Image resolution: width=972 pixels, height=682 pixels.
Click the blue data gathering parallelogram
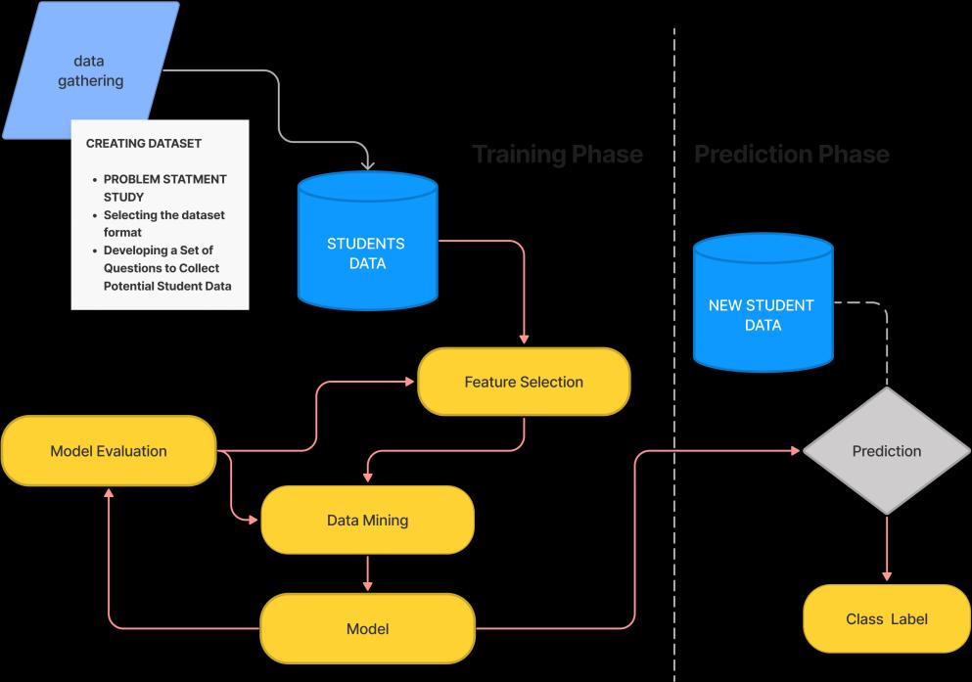point(90,70)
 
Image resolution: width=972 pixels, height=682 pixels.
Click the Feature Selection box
point(524,382)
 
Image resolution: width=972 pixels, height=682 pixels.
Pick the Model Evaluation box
point(109,451)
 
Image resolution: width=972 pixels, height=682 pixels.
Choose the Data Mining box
point(367,520)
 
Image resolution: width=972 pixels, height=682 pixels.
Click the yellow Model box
point(367,628)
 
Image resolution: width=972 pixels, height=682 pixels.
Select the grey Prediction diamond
point(887,451)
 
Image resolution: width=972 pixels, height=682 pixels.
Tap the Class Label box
point(887,618)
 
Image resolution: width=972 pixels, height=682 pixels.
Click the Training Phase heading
point(557,155)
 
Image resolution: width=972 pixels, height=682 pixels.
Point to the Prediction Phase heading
point(791,155)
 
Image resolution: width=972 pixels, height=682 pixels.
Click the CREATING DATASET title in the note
point(144,144)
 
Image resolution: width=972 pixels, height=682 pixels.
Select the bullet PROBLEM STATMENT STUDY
point(163,188)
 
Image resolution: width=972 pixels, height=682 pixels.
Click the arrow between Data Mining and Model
point(367,573)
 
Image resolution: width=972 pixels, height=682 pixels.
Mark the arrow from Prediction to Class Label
point(887,548)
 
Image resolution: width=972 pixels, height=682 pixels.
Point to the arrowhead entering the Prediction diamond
point(795,451)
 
